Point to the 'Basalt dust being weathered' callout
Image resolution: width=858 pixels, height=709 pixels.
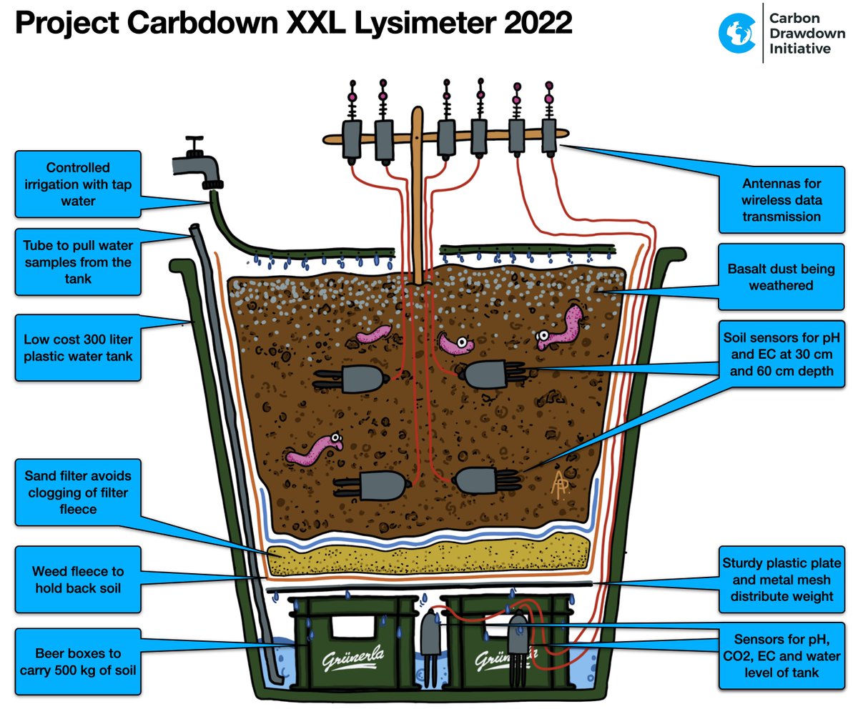(x=781, y=277)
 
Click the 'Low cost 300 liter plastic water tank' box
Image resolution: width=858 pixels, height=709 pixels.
(x=78, y=347)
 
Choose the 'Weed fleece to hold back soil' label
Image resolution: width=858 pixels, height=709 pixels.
(x=78, y=580)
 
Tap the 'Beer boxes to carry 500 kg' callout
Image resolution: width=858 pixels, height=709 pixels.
(x=78, y=662)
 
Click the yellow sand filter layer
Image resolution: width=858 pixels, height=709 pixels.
(x=429, y=561)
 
